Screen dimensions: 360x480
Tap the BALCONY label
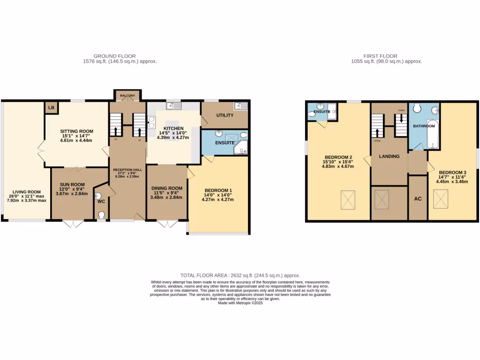(127, 96)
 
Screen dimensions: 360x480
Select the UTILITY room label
(225, 115)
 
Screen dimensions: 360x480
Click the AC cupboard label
(418, 199)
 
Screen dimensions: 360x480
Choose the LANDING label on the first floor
(389, 157)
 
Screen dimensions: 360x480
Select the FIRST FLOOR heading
(387, 55)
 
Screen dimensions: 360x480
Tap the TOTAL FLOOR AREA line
(240, 276)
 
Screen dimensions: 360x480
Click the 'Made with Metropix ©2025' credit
(240, 303)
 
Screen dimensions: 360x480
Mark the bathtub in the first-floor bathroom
(432, 135)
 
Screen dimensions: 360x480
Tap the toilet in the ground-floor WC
(102, 216)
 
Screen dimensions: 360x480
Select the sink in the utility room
(240, 106)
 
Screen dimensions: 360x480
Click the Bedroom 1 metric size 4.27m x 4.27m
(217, 200)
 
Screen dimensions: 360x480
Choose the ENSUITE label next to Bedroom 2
(321, 112)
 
